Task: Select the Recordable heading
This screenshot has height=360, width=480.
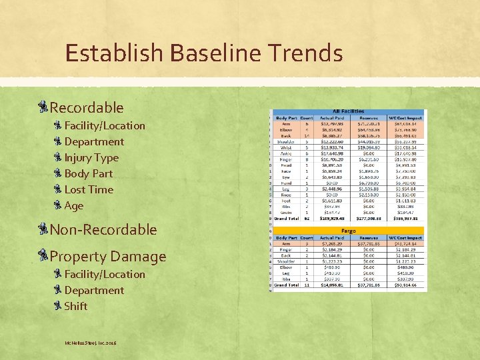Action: (87, 107)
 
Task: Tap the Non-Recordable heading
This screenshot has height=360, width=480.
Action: (103, 229)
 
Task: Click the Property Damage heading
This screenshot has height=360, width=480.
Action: (108, 256)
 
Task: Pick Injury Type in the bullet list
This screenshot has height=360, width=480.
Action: (91, 157)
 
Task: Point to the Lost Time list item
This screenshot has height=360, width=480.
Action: (89, 189)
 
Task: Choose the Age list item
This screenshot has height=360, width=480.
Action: (74, 205)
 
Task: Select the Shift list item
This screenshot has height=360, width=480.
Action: (76, 306)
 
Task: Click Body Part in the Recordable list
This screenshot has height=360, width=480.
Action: (89, 173)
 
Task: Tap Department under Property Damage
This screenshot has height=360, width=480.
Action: (94, 290)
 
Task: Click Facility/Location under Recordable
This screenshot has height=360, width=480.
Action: (105, 125)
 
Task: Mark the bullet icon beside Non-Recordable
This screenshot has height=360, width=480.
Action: (44, 229)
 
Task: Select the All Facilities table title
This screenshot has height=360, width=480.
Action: (349, 111)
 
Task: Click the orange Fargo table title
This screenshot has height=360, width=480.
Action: (349, 231)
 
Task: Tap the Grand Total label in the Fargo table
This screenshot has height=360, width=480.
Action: (286, 285)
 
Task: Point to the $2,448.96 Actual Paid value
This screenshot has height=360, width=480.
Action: (331, 188)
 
